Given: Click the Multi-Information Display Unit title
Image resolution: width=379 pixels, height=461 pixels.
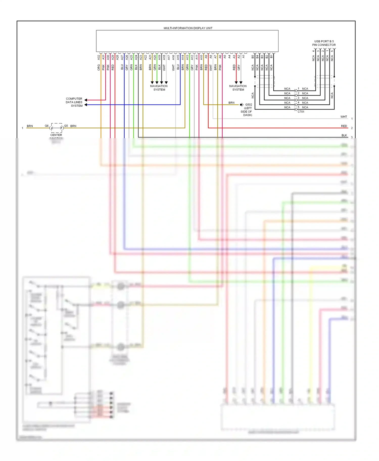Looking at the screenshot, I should [x=188, y=28].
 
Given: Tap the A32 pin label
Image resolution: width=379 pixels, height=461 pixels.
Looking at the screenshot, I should [x=99, y=57].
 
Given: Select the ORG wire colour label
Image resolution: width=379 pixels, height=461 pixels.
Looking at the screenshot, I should [x=99, y=67].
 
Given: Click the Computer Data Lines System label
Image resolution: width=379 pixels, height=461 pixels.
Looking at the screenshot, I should [x=74, y=102].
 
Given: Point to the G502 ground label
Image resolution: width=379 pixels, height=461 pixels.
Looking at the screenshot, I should [x=249, y=105].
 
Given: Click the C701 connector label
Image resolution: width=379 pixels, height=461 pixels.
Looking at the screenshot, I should [x=301, y=112].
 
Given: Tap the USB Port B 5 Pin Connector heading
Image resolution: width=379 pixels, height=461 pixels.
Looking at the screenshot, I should [x=324, y=43].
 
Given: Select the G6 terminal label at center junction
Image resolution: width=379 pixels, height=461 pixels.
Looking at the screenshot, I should [x=46, y=126].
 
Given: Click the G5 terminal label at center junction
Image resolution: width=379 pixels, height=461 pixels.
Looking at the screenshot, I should [x=66, y=126].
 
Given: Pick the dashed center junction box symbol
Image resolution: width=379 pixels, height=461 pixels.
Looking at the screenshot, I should [x=56, y=128].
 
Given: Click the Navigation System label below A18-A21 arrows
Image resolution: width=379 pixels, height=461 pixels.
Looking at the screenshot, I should [x=159, y=88].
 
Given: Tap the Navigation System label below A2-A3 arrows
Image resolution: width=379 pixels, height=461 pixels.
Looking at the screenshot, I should [x=238, y=88].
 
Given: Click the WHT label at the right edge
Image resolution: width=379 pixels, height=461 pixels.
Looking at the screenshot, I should [x=344, y=117].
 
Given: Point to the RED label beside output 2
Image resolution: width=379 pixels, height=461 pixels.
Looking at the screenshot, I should [x=344, y=126].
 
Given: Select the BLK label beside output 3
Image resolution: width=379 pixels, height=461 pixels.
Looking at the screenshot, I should [x=344, y=135].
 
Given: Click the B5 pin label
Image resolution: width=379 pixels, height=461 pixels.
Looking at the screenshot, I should [x=253, y=57].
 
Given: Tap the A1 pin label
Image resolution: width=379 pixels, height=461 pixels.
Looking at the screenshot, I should [x=244, y=57].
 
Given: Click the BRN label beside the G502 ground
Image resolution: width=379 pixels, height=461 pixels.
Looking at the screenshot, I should [x=231, y=103].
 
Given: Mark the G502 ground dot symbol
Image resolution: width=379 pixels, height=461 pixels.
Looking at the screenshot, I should [x=241, y=105].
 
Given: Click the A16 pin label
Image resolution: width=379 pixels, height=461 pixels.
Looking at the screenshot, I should [x=173, y=57].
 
